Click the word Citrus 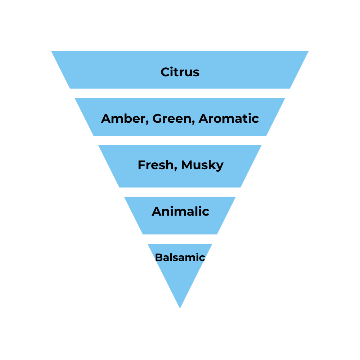tap(180, 72)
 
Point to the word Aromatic tap(228, 118)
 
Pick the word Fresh tap(156, 165)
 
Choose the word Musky tap(202, 165)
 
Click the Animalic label tap(180, 211)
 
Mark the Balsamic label tap(180, 257)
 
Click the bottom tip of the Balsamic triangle tap(180, 308)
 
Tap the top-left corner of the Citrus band tap(52, 51)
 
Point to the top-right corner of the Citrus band tap(308, 51)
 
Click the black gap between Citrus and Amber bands tap(180, 93)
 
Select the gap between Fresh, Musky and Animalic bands tap(180, 192)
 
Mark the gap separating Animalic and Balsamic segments tap(180, 239)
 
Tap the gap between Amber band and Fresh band tap(180, 140)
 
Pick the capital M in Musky tap(187, 165)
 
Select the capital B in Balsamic tap(158, 257)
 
